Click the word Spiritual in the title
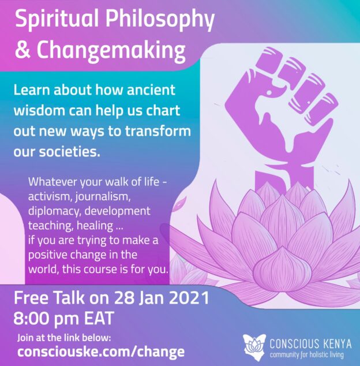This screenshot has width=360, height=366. [57, 20]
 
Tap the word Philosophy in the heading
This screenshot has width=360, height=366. [160, 20]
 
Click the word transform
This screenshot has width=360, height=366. [158, 130]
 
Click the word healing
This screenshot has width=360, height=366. [95, 226]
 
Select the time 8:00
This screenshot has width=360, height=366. [32, 319]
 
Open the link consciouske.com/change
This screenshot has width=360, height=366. [101, 352]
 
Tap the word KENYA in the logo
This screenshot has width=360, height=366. [337, 344]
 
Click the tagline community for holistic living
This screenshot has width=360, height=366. [307, 355]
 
